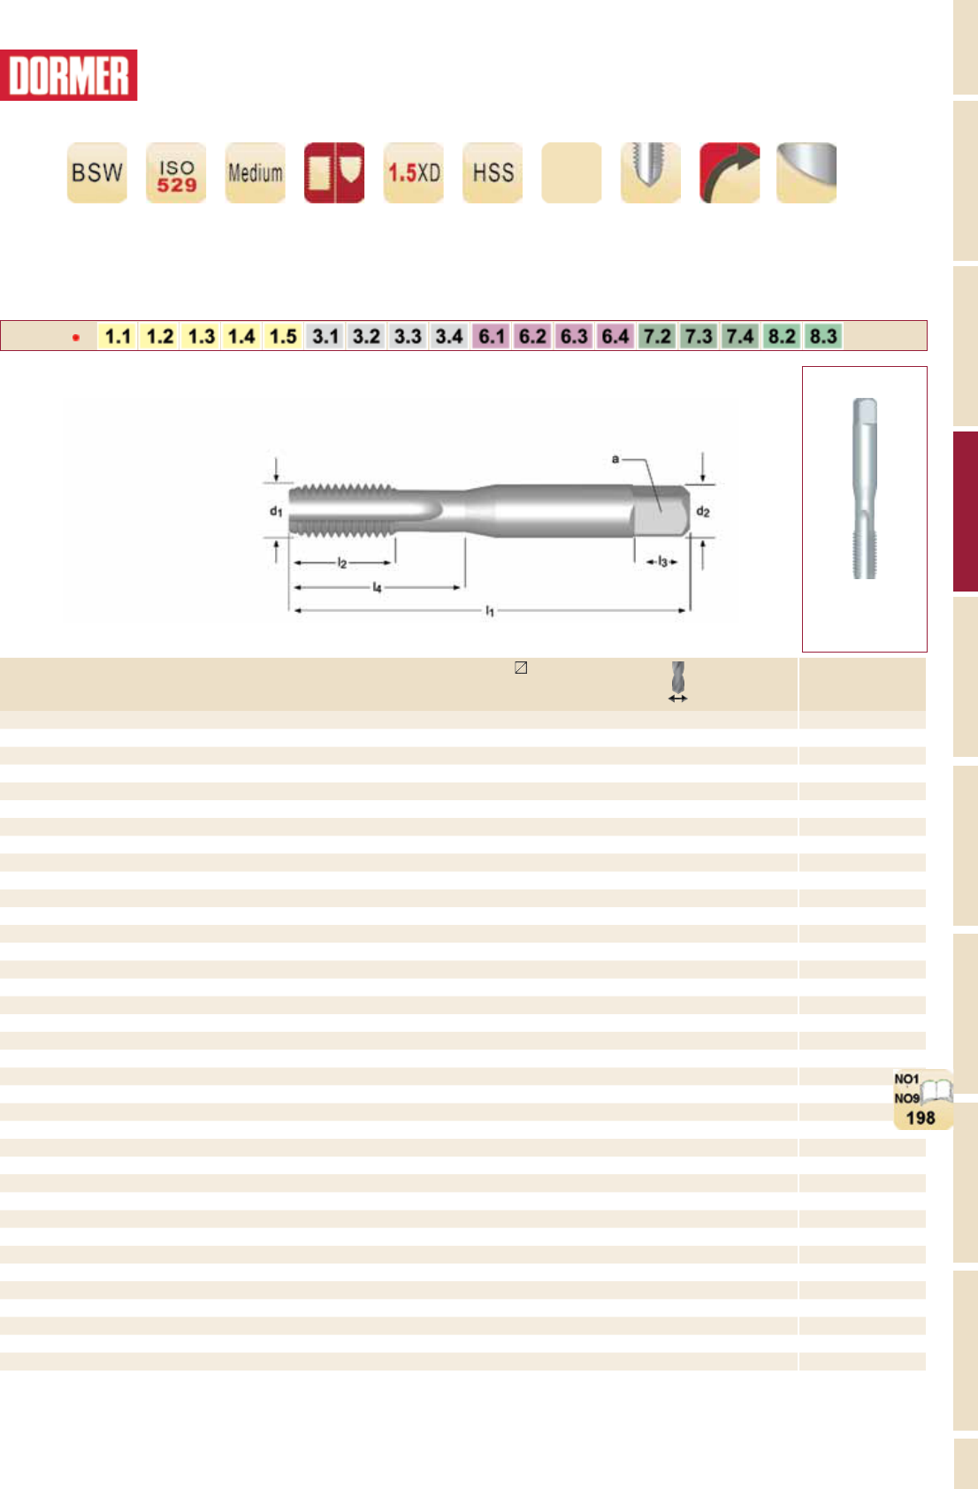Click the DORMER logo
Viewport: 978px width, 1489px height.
coord(68,75)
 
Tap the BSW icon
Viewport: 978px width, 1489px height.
coord(97,172)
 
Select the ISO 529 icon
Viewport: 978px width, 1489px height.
coord(176,172)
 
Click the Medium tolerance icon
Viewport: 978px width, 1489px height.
coord(256,172)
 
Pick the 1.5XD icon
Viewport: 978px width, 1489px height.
coord(414,172)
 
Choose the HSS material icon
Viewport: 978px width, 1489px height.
coord(493,172)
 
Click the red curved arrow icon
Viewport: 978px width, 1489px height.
coord(730,172)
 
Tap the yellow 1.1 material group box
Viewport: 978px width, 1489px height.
coord(118,336)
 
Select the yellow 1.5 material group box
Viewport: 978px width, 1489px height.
coord(283,336)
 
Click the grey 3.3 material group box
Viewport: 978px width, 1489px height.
coord(408,336)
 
